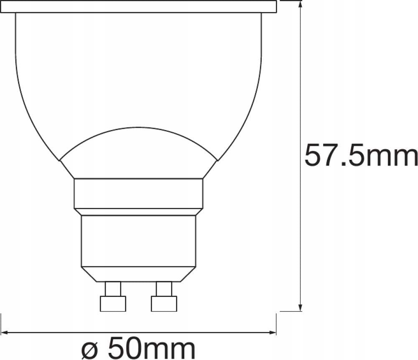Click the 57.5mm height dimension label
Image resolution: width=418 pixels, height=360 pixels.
tap(361, 156)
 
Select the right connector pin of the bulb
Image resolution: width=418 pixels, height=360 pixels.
tap(163, 289)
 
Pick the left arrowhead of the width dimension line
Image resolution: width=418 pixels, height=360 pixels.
tap(5, 333)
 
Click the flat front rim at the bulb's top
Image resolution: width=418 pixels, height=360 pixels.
tap(138, 6)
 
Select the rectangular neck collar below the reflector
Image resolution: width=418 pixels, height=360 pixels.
tap(138, 193)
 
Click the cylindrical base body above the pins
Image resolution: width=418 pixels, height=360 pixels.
tap(138, 240)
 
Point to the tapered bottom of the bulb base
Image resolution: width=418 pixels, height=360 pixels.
tap(138, 274)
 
